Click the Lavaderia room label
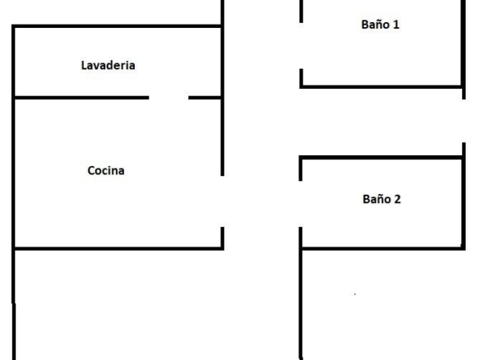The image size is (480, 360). click(108, 65)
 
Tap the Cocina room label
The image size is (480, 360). click(106, 170)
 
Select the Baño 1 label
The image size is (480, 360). click(381, 25)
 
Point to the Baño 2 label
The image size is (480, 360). click(381, 199)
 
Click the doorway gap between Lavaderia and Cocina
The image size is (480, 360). click(168, 98)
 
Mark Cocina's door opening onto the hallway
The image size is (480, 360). click(222, 201)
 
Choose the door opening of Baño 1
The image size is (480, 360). click(301, 45)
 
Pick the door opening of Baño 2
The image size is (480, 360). click(301, 204)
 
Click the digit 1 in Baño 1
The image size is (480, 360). click(396, 25)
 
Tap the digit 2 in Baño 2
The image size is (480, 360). click(397, 199)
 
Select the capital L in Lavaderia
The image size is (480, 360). click(84, 65)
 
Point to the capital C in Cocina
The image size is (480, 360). click(91, 170)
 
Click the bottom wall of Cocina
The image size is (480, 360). click(118, 248)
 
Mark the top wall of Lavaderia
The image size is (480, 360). click(117, 26)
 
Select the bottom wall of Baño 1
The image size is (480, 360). click(381, 87)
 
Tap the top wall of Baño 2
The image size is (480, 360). click(381, 157)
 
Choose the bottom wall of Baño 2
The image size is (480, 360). click(383, 248)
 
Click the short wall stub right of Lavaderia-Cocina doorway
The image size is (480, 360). click(205, 98)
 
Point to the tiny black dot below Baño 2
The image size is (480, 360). click(355, 294)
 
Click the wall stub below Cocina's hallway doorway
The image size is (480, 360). click(223, 238)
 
